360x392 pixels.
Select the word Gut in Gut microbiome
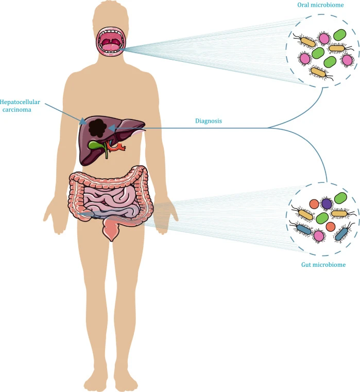click(306, 265)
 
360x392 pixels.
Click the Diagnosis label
click(208, 122)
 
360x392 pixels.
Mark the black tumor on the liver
click(96, 126)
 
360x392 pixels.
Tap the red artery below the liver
click(119, 148)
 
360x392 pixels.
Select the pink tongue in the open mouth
click(111, 47)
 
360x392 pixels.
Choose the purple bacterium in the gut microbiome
click(327, 203)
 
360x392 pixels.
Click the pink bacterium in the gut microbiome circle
click(319, 236)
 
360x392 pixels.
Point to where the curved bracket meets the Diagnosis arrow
click(268, 128)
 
